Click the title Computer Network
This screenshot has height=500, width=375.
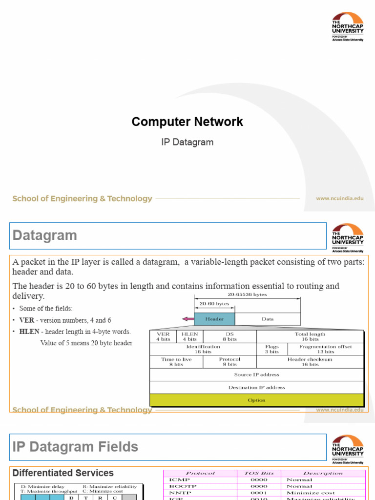[x=187, y=122]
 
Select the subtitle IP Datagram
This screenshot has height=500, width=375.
[x=187, y=143]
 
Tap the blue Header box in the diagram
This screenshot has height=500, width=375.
[x=214, y=319]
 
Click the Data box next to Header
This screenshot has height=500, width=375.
[x=268, y=319]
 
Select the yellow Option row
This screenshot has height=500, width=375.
[x=256, y=400]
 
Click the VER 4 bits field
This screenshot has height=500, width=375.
[x=163, y=336]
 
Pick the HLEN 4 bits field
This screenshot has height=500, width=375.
[x=189, y=336]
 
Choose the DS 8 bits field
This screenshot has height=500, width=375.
[x=229, y=336]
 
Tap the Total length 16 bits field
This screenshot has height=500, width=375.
[x=310, y=336]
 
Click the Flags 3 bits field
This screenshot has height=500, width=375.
[x=271, y=349]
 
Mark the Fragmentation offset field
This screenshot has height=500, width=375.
[x=325, y=349]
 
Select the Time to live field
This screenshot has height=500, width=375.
[x=176, y=362]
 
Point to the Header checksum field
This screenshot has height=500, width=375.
[x=310, y=362]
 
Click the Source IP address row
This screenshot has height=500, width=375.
[x=256, y=375]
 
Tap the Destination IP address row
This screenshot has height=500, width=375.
[x=256, y=387]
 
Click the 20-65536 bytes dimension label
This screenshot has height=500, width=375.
[x=247, y=294]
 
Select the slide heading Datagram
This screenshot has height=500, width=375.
[x=45, y=235]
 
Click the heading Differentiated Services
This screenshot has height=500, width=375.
[x=63, y=473]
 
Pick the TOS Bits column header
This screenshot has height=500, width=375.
[x=259, y=473]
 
